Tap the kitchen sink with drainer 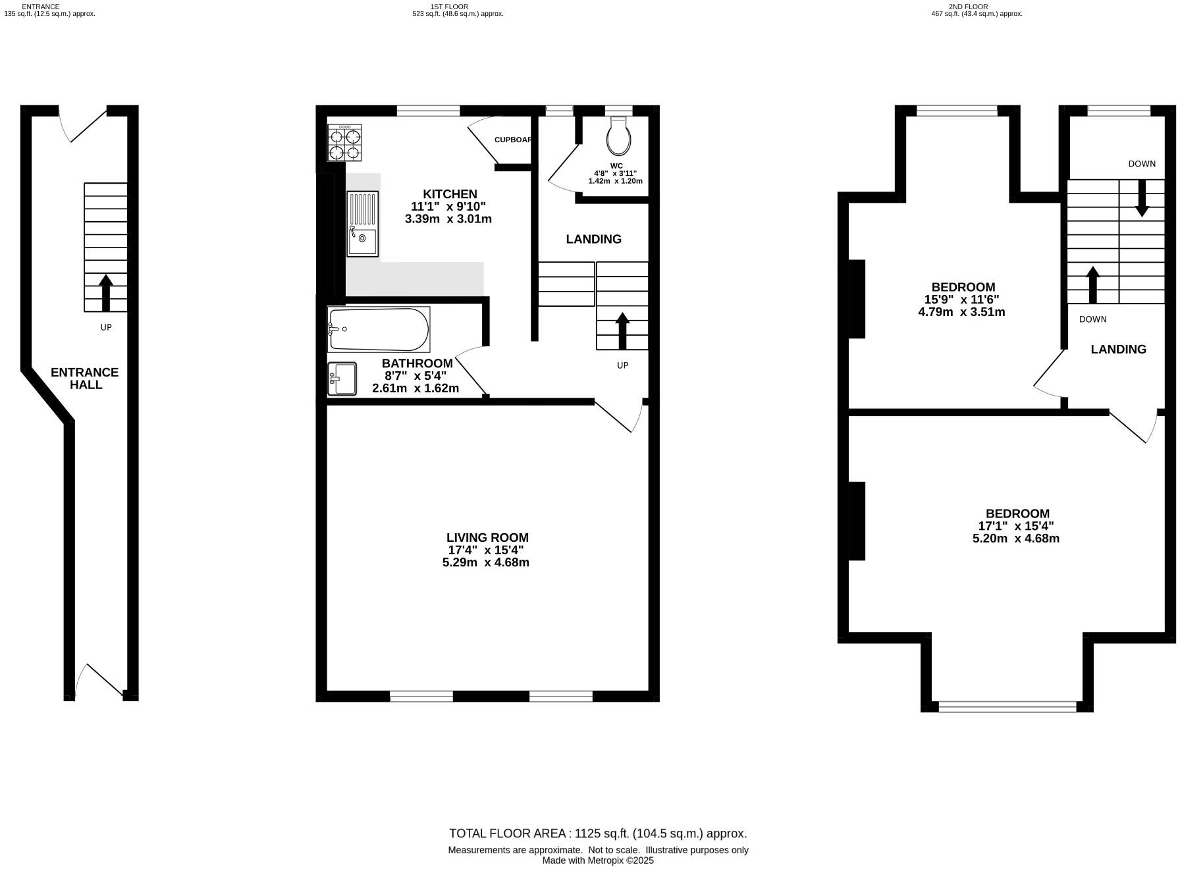click(x=362, y=224)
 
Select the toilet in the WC click(x=620, y=136)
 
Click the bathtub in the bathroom click(x=379, y=329)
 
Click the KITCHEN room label click(x=450, y=194)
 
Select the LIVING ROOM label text click(x=487, y=538)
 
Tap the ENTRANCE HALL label click(x=85, y=379)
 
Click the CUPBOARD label click(x=513, y=140)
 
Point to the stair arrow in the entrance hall click(x=105, y=292)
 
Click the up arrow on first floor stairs click(x=622, y=330)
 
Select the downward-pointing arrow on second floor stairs click(x=1142, y=197)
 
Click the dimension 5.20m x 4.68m click(x=1016, y=539)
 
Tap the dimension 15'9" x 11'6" click(x=961, y=300)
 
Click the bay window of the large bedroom click(x=1007, y=706)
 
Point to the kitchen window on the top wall click(x=428, y=111)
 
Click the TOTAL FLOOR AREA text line click(x=598, y=833)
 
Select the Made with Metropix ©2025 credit click(x=598, y=860)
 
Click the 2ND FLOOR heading click(x=968, y=7)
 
